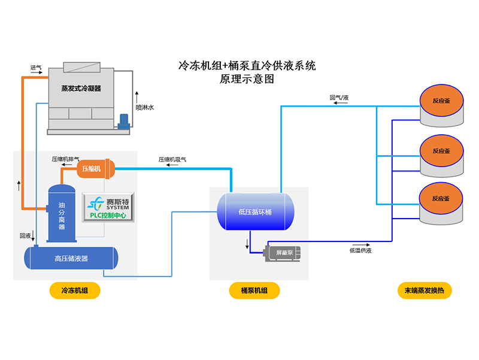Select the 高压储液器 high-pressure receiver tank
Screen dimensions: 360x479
coord(71,259)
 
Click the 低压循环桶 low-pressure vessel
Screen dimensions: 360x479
coord(255,211)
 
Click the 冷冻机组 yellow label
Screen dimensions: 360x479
coord(74,291)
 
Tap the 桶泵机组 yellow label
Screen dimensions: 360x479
coord(255,291)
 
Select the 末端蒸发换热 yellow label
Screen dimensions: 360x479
coord(425,291)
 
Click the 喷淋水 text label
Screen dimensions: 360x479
coord(145,108)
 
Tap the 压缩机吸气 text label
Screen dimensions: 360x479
coord(172,159)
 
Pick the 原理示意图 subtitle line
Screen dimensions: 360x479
coord(247,78)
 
